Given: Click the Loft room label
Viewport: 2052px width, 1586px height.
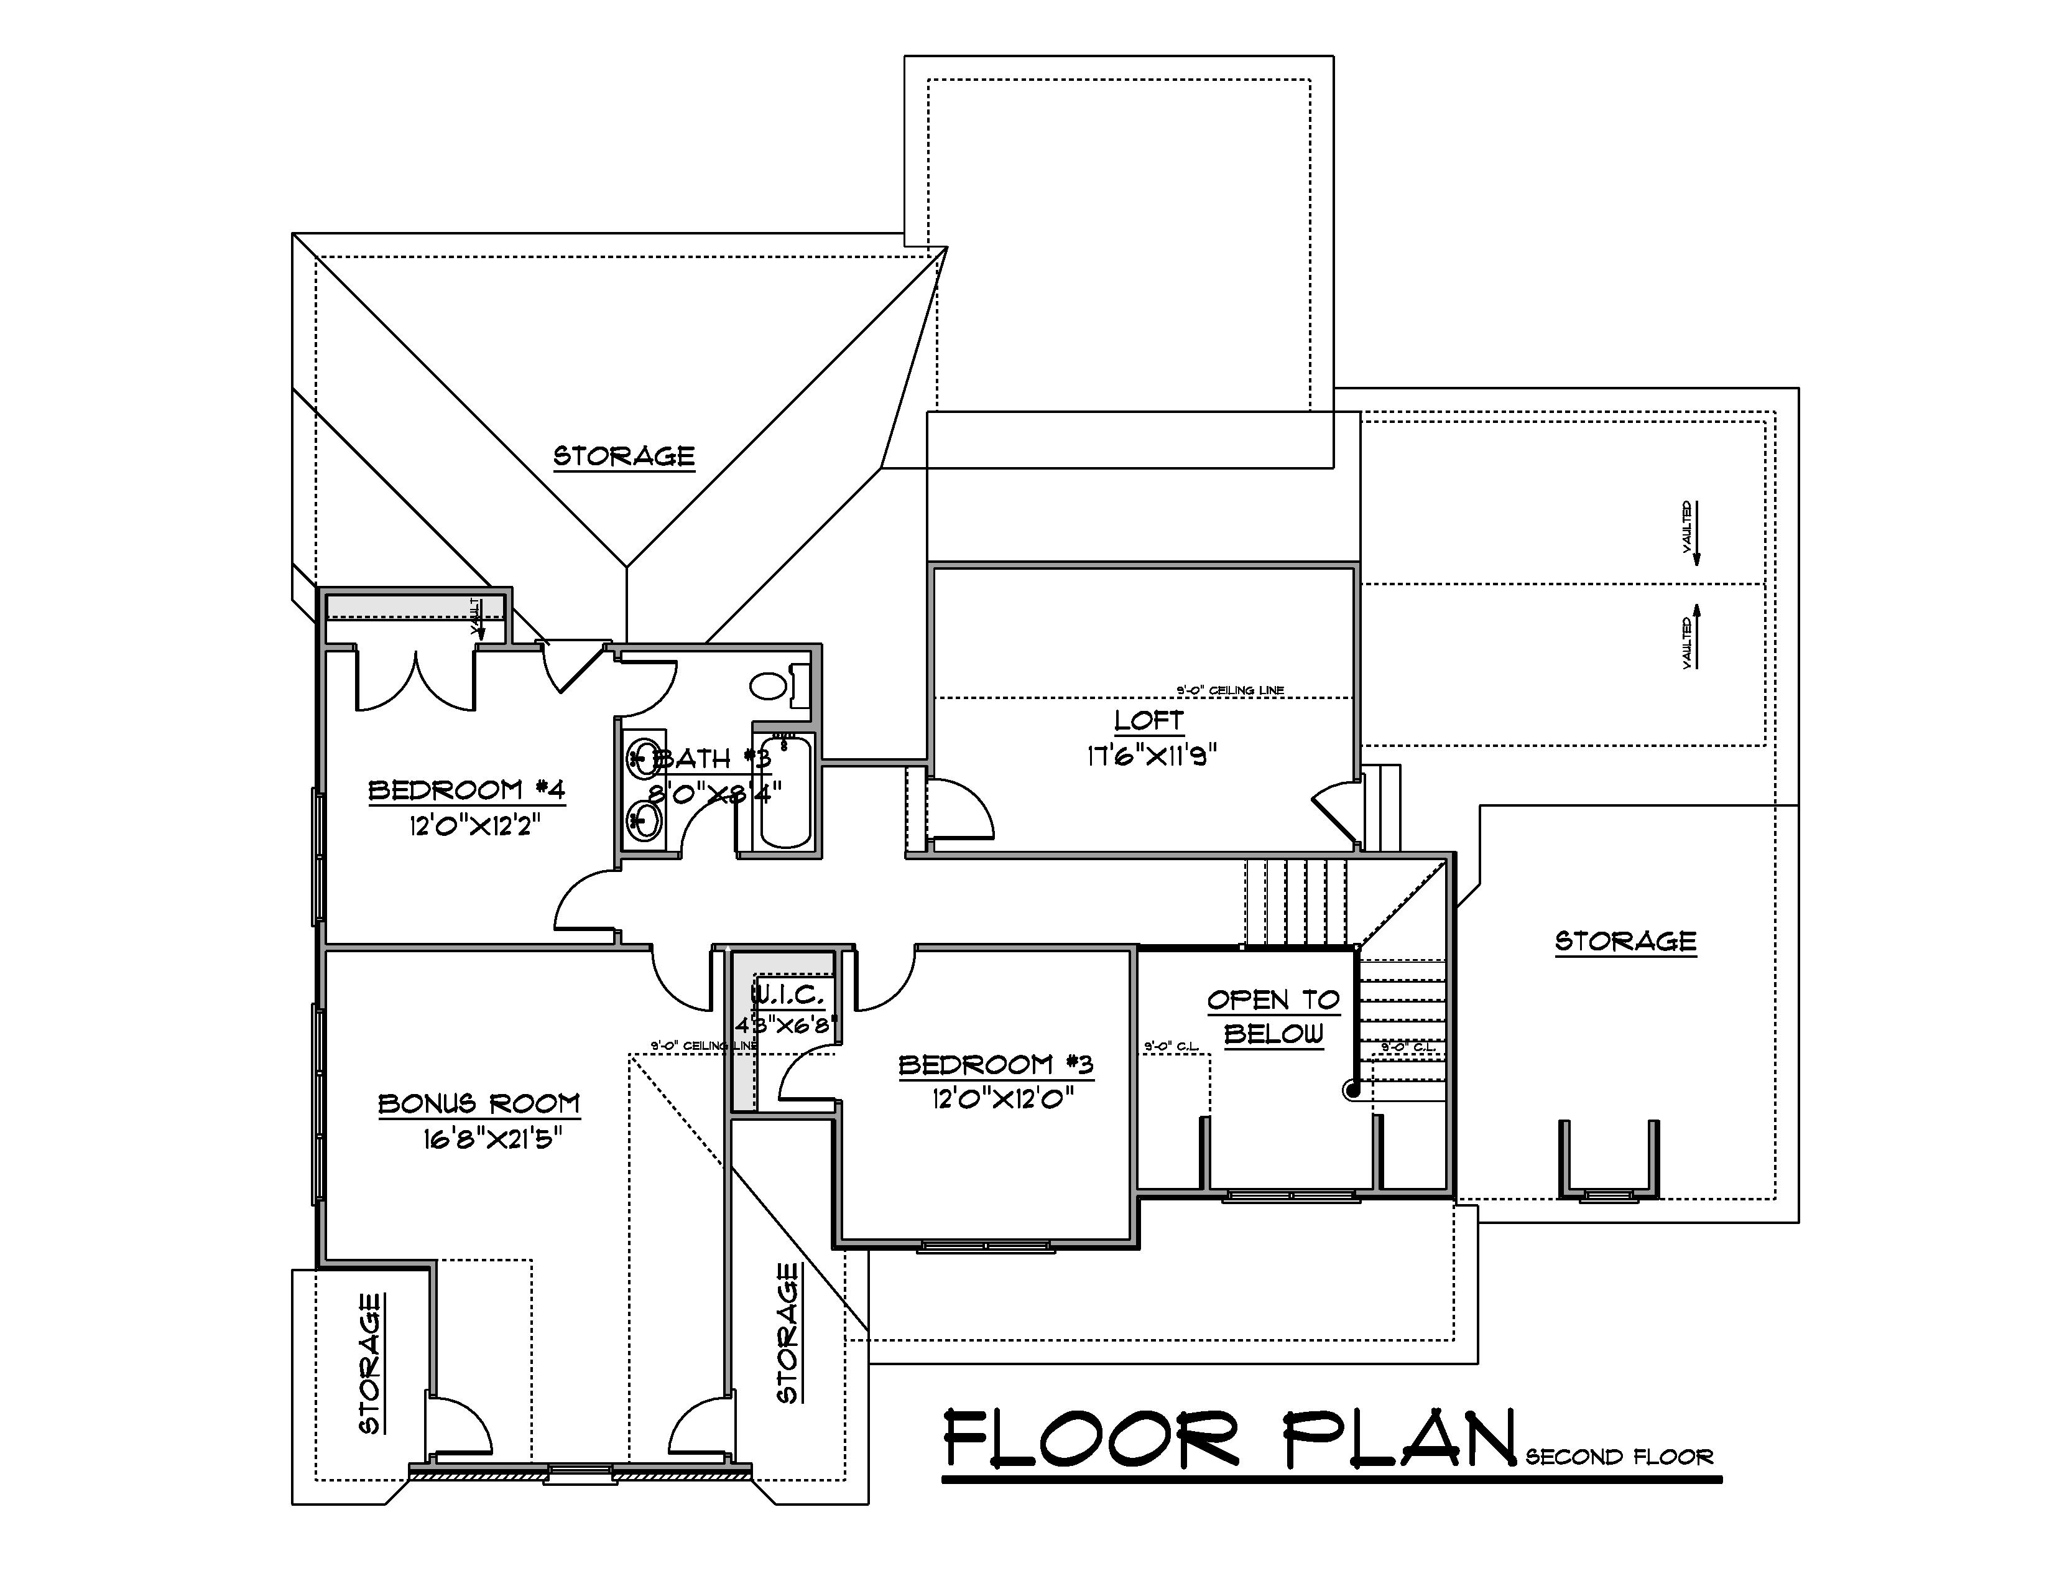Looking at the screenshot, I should tap(1148, 721).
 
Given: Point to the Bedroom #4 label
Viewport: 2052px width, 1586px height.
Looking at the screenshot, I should tap(467, 789).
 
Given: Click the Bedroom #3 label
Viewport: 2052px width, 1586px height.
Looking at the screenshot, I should tap(996, 1065).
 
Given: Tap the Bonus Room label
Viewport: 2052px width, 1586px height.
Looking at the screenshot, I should tap(479, 1103).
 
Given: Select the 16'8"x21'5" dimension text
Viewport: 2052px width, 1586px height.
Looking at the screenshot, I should tap(492, 1139).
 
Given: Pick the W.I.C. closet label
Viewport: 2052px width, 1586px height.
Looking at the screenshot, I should tap(787, 994).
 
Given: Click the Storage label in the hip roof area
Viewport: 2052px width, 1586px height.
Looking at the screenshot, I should tap(624, 456).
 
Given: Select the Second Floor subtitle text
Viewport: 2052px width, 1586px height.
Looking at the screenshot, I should tap(1619, 1457).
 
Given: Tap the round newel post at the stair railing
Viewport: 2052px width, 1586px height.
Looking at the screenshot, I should tap(1352, 1090).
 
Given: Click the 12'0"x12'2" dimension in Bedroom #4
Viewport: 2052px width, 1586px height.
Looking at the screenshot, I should tap(476, 826).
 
